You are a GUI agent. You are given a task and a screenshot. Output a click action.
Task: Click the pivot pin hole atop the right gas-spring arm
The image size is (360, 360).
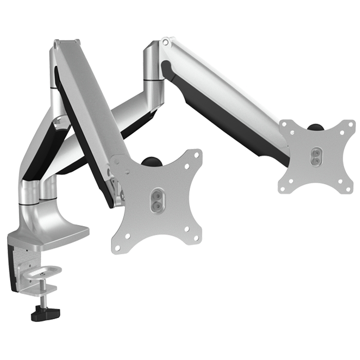point(166,41)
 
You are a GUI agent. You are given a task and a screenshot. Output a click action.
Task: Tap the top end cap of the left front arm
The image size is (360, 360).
point(64,42)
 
